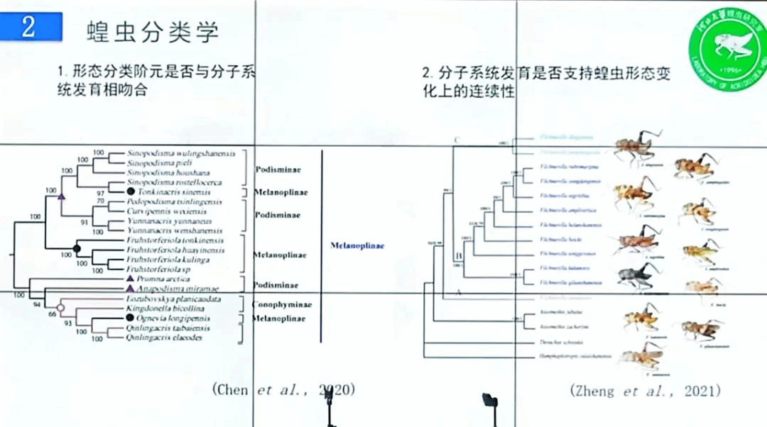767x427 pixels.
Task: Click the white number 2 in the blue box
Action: coord(28,28)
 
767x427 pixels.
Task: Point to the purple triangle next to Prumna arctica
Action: coord(130,280)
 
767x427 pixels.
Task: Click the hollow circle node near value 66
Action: coord(60,308)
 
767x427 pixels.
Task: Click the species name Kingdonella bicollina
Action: coord(168,310)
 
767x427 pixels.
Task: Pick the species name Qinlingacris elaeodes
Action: coord(165,338)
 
